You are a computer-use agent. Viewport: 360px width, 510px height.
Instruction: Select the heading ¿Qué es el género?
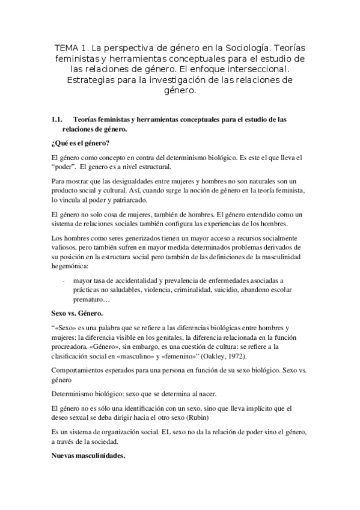tap(81, 143)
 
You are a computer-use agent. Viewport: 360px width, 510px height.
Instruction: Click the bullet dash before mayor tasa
tap(64, 280)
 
